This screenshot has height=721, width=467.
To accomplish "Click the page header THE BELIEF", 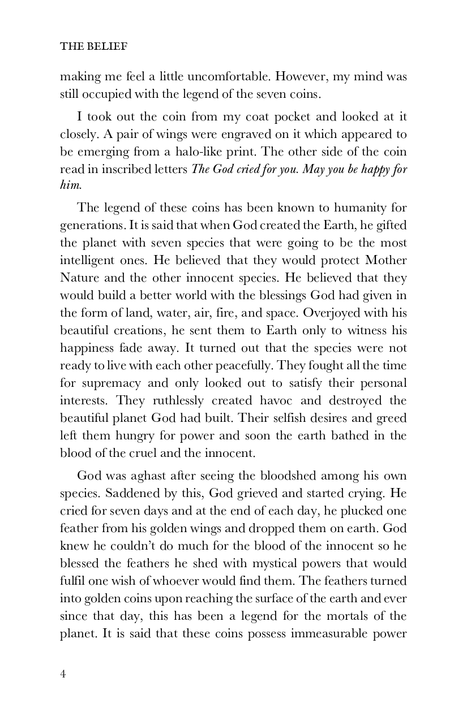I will click(x=93, y=47).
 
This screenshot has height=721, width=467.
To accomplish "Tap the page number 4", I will click(x=63, y=673).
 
